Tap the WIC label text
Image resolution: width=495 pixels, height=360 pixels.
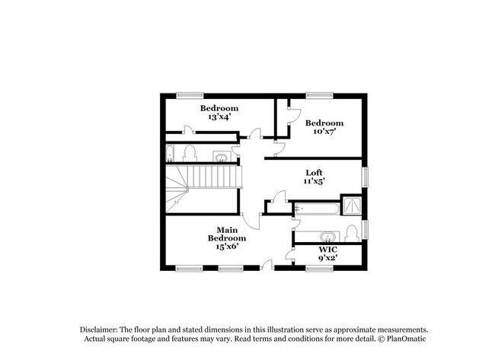tap(327, 249)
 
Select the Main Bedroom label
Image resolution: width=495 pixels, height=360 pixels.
tap(227, 234)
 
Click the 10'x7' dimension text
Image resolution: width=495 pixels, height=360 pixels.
tap(324, 132)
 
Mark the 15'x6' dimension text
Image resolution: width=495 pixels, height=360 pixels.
tap(227, 246)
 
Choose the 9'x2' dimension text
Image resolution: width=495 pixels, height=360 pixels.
tap(327, 257)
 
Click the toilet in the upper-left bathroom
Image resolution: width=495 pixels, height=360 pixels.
tap(190, 153)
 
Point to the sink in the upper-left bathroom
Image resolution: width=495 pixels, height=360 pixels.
tap(220, 158)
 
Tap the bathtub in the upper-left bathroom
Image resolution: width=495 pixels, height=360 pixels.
tap(171, 153)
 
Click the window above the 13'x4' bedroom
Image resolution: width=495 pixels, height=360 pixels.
tap(190, 94)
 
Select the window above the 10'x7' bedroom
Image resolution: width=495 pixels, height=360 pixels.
tap(319, 94)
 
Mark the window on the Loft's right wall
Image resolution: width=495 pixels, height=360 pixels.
tap(365, 177)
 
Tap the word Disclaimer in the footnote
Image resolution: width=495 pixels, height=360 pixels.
tap(103, 328)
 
